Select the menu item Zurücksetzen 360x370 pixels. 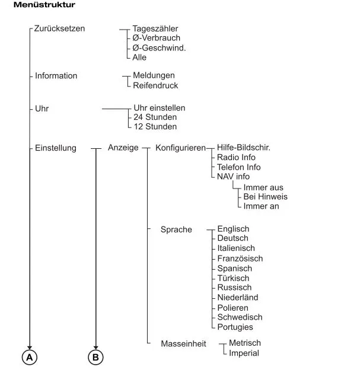click(60, 28)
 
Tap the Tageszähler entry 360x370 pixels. click(155, 28)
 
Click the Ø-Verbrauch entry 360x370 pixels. click(157, 38)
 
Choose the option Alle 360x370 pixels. click(139, 58)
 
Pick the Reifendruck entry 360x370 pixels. click(155, 85)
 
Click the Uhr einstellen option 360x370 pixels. click(160, 108)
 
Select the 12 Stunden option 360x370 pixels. click(155, 126)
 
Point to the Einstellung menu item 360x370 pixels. click(56, 148)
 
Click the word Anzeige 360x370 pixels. click(123, 148)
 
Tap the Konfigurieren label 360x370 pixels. click(180, 148)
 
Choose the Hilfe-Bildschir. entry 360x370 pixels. click(244, 148)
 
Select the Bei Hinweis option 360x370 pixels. click(266, 197)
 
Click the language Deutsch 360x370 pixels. click(233, 238)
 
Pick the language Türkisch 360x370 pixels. click(233, 278)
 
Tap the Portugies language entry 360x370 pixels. click(235, 327)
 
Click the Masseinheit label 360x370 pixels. click(183, 344)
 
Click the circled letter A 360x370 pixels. click(29, 357)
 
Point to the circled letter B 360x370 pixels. click(95, 357)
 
